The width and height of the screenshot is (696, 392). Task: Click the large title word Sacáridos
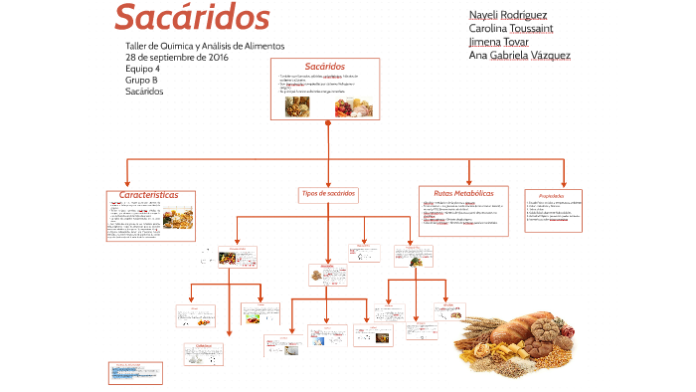click(x=192, y=17)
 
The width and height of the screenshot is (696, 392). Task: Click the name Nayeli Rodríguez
click(x=508, y=15)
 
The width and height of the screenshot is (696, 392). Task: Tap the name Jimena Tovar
click(x=500, y=42)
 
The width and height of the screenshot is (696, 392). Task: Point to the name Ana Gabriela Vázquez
click(x=519, y=56)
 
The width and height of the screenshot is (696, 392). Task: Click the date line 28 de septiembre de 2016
click(x=177, y=58)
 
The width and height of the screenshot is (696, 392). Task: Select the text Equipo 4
click(x=142, y=69)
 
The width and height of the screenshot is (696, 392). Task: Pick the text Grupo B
click(x=141, y=80)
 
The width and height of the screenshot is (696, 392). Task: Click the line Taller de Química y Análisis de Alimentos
click(x=205, y=47)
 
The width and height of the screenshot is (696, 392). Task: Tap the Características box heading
click(x=149, y=196)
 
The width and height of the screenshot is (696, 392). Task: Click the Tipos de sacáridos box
click(x=327, y=193)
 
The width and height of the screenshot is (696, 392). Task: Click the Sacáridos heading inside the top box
click(x=325, y=66)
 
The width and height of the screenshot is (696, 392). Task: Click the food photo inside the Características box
click(x=178, y=218)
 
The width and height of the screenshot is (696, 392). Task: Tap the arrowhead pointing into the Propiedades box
click(x=565, y=184)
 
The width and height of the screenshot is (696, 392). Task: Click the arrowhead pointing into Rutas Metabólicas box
click(x=469, y=182)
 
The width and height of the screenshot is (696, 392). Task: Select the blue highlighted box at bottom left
click(x=134, y=372)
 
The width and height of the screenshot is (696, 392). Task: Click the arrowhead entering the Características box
click(x=126, y=184)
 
